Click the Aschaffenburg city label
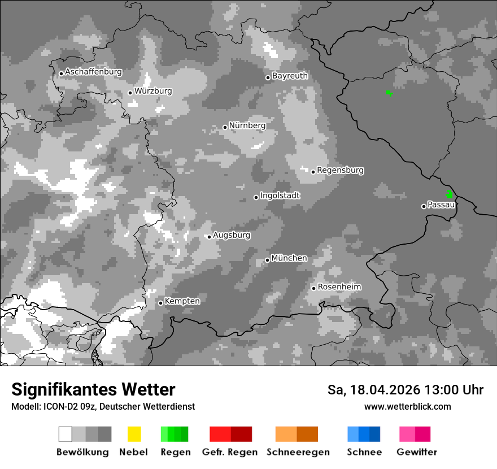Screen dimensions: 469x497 pyautogui.click(x=93, y=72)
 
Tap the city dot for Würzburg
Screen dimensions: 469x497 pyautogui.click(x=130, y=93)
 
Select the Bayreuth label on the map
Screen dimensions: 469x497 pyautogui.click(x=290, y=76)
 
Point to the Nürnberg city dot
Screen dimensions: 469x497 pyautogui.click(x=225, y=127)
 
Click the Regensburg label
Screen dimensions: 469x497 pyautogui.click(x=340, y=170)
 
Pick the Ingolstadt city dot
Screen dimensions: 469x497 pyautogui.click(x=256, y=197)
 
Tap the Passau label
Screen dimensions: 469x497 pyautogui.click(x=441, y=205)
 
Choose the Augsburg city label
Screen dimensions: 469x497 pyautogui.click(x=232, y=235)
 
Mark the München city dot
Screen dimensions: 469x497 pyautogui.click(x=267, y=260)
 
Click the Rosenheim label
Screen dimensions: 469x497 pyautogui.click(x=339, y=287)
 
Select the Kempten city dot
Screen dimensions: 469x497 pyautogui.click(x=160, y=303)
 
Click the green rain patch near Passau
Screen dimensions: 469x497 pyautogui.click(x=450, y=194)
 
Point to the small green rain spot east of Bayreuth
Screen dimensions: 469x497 pyautogui.click(x=389, y=93)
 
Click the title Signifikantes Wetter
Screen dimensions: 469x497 pyautogui.click(x=93, y=389)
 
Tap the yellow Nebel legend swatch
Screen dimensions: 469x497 pyautogui.click(x=134, y=434)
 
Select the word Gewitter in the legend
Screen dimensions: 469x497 pyautogui.click(x=417, y=452)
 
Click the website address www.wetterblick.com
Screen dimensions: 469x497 pyautogui.click(x=407, y=406)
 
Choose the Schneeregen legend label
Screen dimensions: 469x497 pyautogui.click(x=298, y=452)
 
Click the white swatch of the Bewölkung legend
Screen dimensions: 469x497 pyautogui.click(x=66, y=434)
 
